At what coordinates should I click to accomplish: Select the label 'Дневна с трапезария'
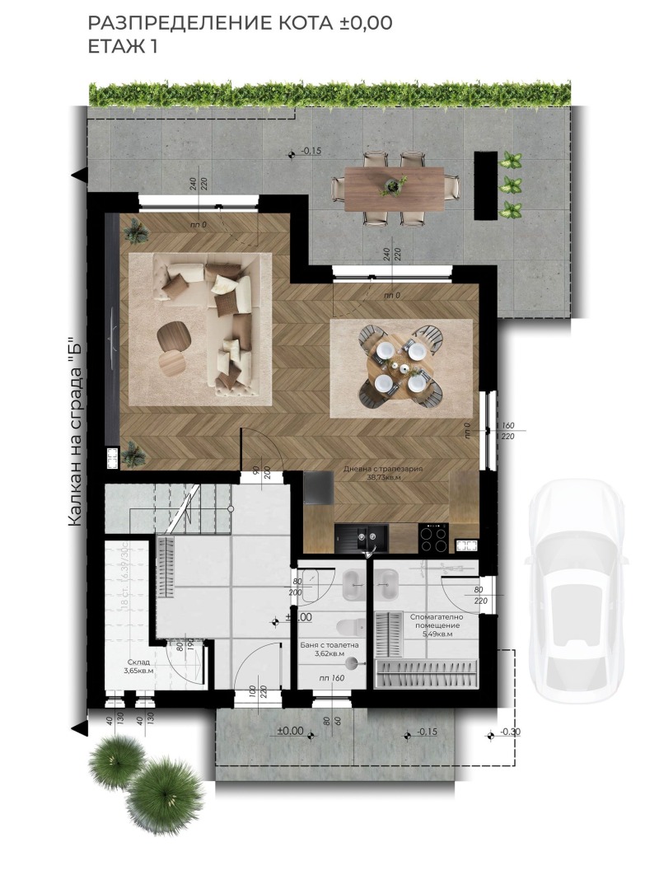click(x=383, y=469)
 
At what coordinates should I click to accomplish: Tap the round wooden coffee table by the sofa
click(x=174, y=335)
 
